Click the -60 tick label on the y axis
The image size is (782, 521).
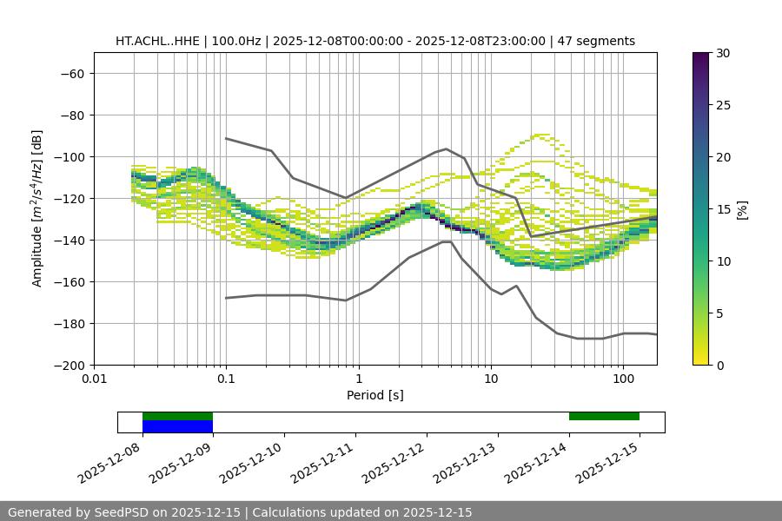coord(72,73)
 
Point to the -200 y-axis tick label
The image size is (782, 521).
coord(70,365)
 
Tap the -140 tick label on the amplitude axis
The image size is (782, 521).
coord(70,240)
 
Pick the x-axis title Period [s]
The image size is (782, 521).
coord(375,395)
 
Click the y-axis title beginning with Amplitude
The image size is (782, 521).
coord(36,208)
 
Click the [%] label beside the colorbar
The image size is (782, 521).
coord(742,209)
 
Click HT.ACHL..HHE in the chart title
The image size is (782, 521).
coord(157,41)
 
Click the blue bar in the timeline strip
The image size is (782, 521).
coord(177,426)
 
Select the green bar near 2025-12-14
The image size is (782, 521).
coord(604,416)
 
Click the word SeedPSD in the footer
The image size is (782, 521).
coord(116,512)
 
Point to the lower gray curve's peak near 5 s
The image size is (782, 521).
coord(447,241)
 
